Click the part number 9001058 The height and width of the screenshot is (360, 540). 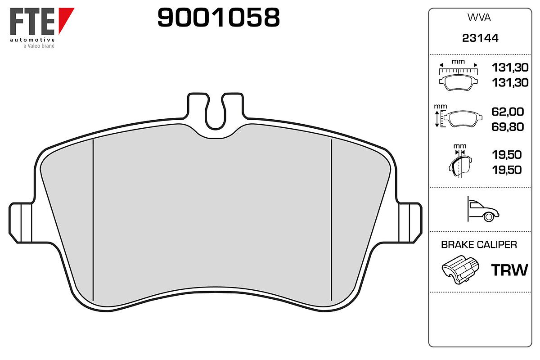pyautogui.click(x=218, y=17)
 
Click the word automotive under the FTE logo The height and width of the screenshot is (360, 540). pyautogui.click(x=32, y=40)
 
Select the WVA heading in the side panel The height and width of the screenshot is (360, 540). pyautogui.click(x=479, y=18)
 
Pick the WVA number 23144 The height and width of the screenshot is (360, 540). pyautogui.click(x=480, y=38)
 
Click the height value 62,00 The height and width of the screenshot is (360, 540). pyautogui.click(x=508, y=112)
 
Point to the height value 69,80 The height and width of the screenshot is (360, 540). pyautogui.click(x=508, y=127)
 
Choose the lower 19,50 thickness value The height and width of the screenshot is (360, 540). pyautogui.click(x=507, y=170)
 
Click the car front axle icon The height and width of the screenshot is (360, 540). pyautogui.click(x=483, y=209)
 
